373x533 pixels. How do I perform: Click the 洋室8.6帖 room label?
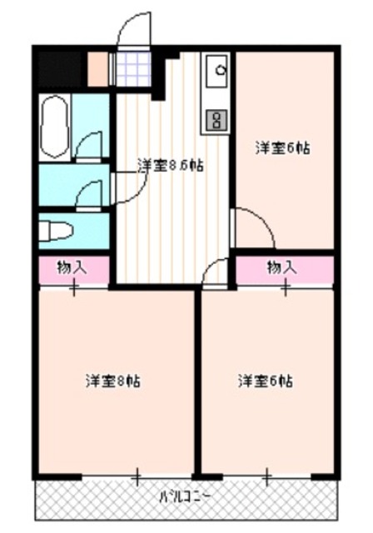pos(170,165)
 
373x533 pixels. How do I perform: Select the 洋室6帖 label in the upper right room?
pos(283,148)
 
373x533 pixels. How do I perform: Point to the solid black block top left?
pos(60,69)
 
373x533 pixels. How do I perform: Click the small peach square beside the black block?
pos(97,69)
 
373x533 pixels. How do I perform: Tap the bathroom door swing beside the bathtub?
pos(88,147)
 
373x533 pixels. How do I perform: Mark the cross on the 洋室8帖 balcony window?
pos(137,478)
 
